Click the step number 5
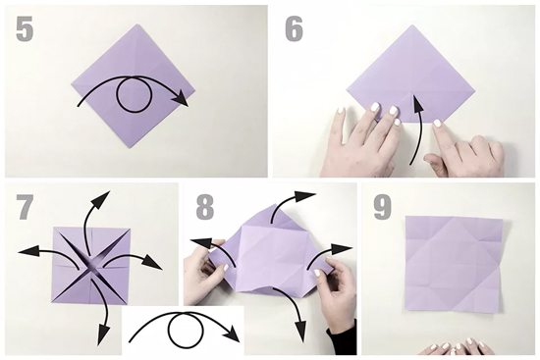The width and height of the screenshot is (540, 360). pyautogui.click(x=25, y=29)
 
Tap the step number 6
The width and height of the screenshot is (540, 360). pyautogui.click(x=295, y=29)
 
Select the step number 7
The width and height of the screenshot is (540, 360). pyautogui.click(x=26, y=207)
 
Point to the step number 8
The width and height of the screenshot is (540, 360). pyautogui.click(x=205, y=207)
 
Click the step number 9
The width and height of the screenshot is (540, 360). pyautogui.click(x=382, y=207)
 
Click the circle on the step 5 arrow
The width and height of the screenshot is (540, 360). pyautogui.click(x=134, y=95)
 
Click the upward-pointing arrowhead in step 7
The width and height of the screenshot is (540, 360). pyautogui.click(x=101, y=198)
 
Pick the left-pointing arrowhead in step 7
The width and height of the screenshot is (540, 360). pyautogui.click(x=27, y=252)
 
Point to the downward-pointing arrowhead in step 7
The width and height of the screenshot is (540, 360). pyautogui.click(x=103, y=336)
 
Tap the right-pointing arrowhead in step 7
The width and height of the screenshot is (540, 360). pyautogui.click(x=152, y=263)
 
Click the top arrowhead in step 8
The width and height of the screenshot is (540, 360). pyautogui.click(x=305, y=196)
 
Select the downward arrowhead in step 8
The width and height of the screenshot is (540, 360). pyautogui.click(x=301, y=332)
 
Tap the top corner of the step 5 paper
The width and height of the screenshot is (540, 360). pyautogui.click(x=138, y=25)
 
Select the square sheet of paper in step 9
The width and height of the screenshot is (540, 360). pyautogui.click(x=453, y=264)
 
